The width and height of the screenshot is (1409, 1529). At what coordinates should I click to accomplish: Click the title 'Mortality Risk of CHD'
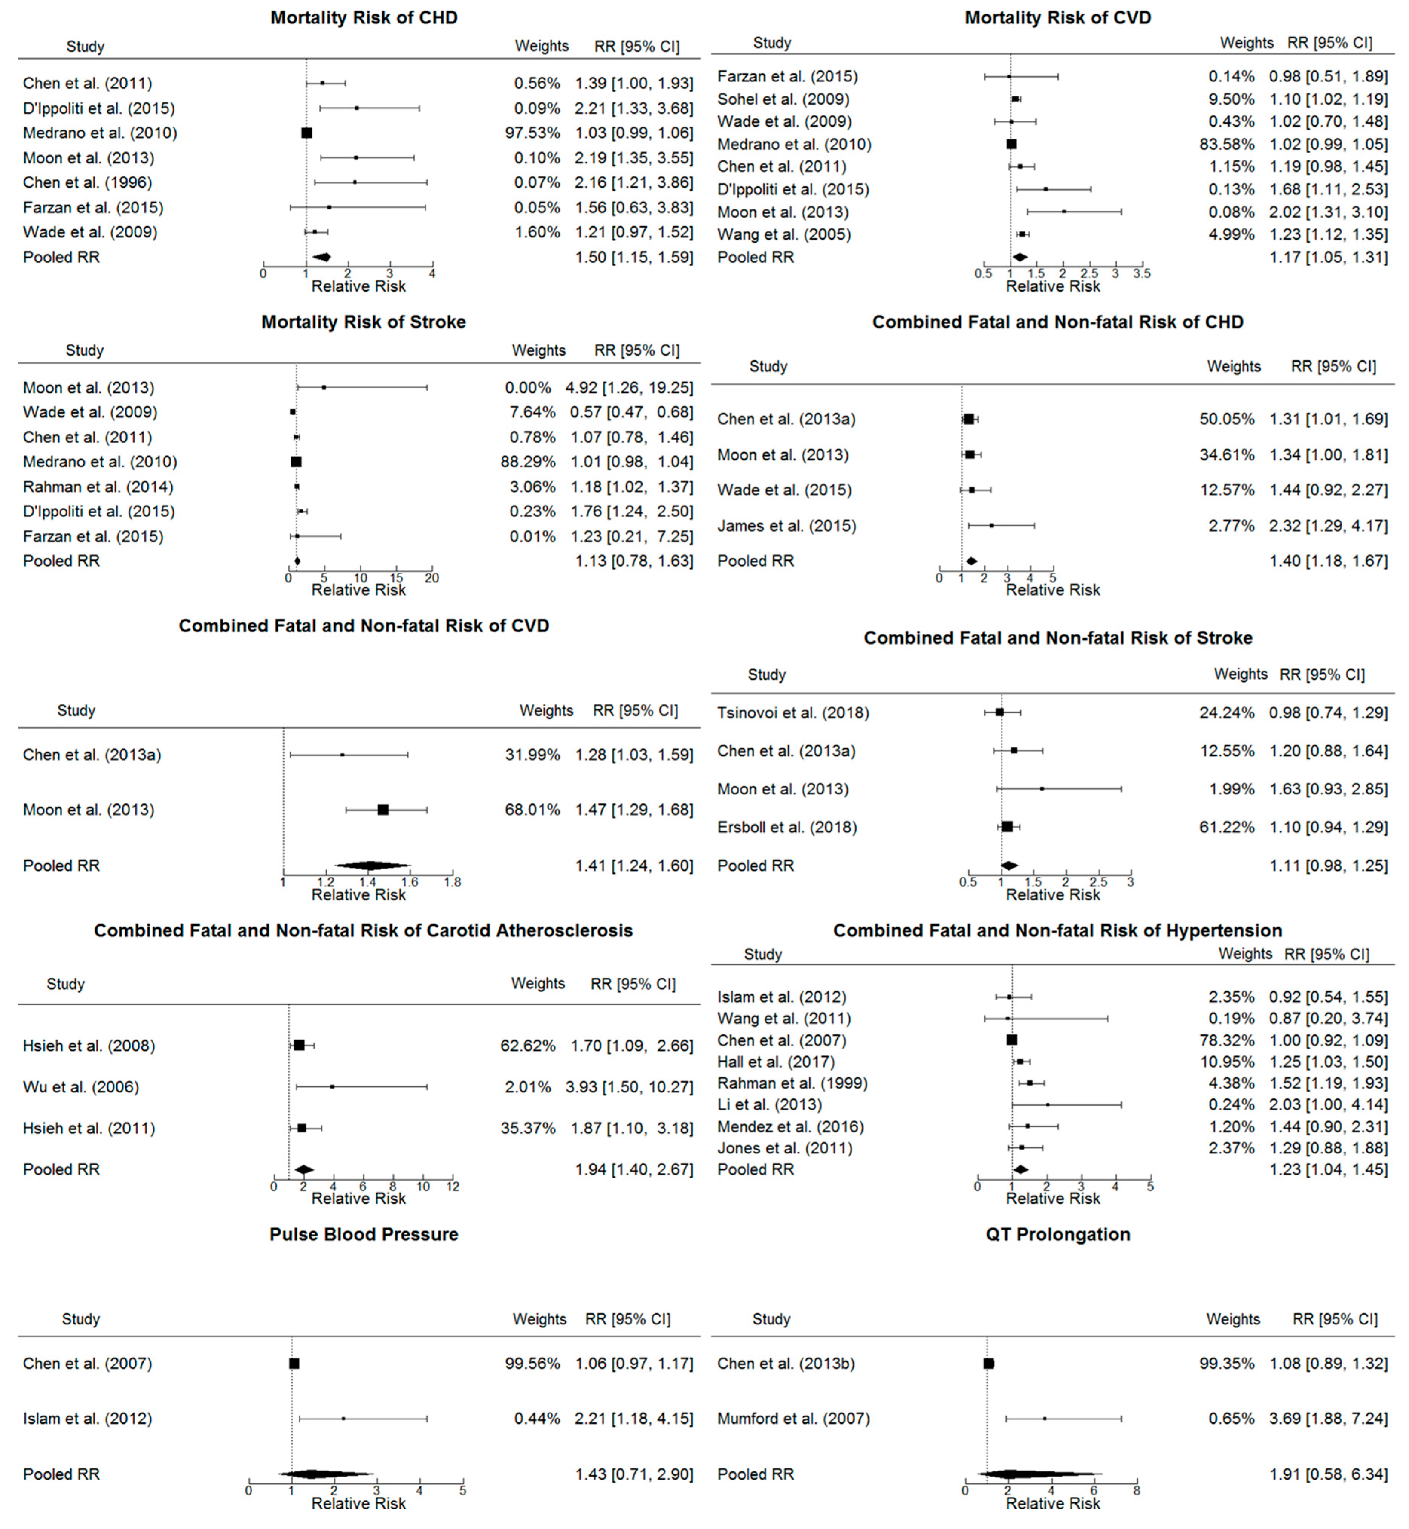(x=364, y=18)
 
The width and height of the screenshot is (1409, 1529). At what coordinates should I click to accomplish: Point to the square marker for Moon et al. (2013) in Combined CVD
(x=383, y=810)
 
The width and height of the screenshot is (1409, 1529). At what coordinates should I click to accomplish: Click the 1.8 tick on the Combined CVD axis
(x=452, y=882)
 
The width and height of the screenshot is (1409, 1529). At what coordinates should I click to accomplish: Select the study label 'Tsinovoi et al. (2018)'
(x=793, y=713)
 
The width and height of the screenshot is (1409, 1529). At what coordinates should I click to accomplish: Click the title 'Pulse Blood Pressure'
(x=364, y=1234)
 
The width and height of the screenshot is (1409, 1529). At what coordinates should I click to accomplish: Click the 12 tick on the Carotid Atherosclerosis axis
(x=452, y=1186)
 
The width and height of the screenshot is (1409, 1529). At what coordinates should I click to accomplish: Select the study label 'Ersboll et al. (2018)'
(x=787, y=827)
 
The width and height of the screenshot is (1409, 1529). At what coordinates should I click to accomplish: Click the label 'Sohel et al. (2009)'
(x=783, y=99)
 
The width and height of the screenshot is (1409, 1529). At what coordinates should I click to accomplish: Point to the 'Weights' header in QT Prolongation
(x=1233, y=1320)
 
